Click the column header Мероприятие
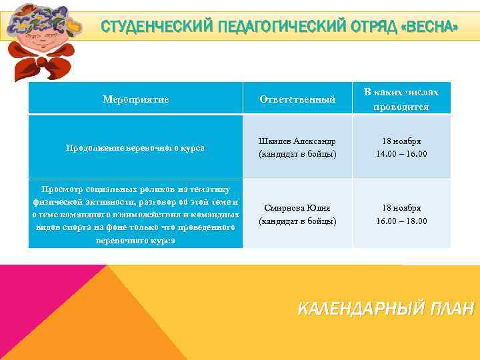(135, 99)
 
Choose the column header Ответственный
(297, 99)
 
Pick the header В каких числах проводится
(401, 99)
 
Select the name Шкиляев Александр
(297, 141)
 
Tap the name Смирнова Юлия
(297, 207)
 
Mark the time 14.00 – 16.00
(401, 154)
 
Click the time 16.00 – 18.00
(401, 221)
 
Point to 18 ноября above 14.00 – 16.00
(401, 141)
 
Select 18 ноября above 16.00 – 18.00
(401, 207)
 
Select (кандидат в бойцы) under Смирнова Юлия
(297, 221)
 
